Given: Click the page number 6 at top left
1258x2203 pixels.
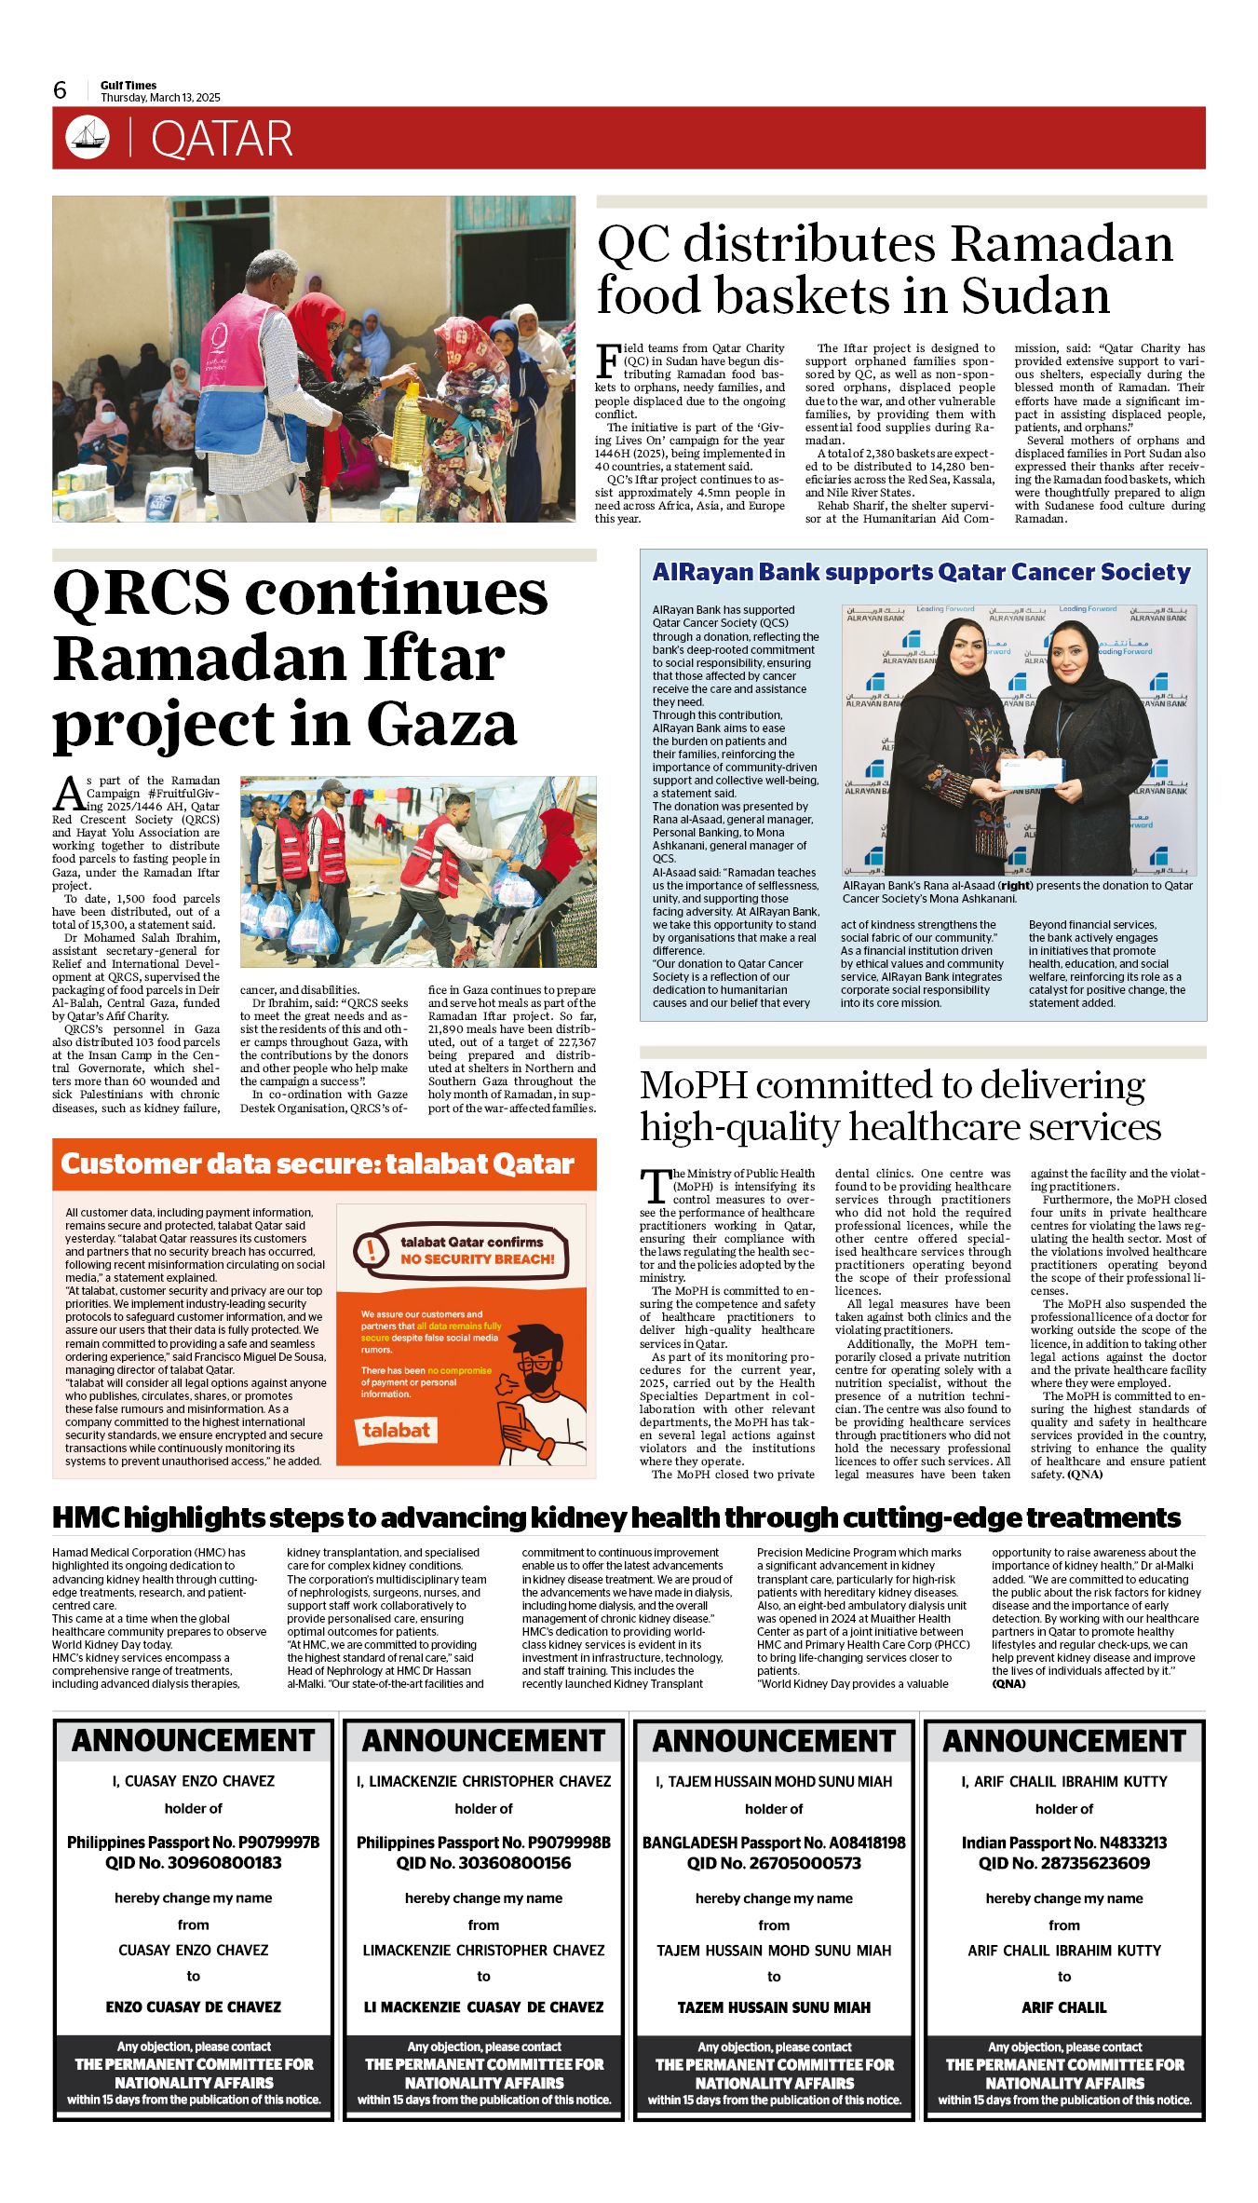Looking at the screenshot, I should coord(61,89).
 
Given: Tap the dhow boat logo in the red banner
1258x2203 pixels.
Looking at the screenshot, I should coord(88,138).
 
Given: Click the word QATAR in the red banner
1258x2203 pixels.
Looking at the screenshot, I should coord(222,139).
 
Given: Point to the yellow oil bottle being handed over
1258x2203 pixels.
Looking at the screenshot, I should coord(409,422).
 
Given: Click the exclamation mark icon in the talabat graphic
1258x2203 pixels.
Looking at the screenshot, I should coord(372,1249).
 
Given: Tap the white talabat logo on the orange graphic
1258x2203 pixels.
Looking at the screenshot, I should coord(396,1430).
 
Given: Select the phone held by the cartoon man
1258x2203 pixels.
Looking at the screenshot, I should coord(512,1421).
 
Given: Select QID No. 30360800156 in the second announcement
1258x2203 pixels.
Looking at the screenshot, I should coord(483,1863).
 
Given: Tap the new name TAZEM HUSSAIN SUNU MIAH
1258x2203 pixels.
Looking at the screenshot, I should coord(774,2007).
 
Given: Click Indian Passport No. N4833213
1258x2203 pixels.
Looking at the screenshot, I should coord(1064,1843).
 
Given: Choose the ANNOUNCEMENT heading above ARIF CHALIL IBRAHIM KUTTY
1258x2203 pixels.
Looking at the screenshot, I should coord(1064,1741).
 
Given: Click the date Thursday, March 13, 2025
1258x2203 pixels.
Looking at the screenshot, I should coord(160,98).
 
